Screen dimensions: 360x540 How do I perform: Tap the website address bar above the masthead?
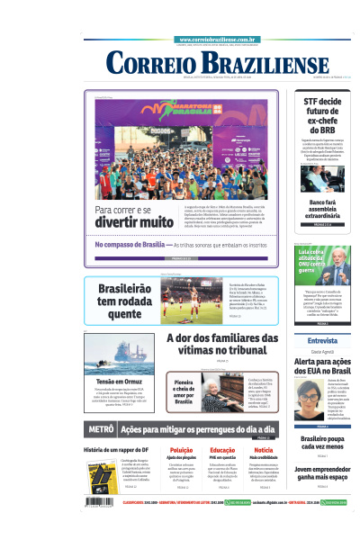(x=219, y=40)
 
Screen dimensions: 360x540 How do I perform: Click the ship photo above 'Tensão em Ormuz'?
(x=121, y=355)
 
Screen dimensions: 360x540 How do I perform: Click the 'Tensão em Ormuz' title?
(x=121, y=382)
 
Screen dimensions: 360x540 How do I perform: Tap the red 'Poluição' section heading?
(x=181, y=449)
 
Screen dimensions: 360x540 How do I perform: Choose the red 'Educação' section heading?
(x=222, y=449)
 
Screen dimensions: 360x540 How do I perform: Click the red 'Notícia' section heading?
(x=264, y=449)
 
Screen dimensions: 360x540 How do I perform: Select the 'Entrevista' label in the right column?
(x=322, y=341)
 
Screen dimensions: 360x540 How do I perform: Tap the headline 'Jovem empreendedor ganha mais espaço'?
(x=321, y=473)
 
